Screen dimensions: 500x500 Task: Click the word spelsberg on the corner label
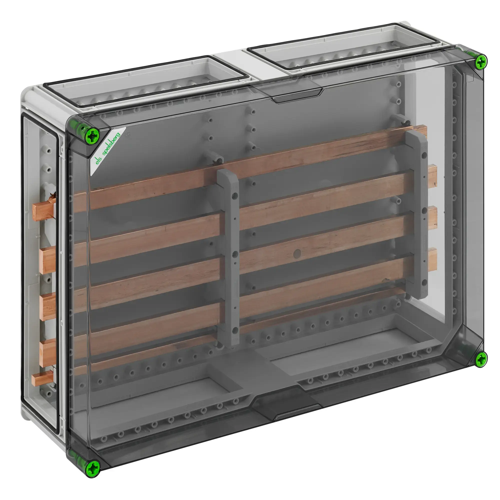point(111,144)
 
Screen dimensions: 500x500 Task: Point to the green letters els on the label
point(98,160)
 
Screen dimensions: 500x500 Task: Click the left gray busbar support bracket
point(228,256)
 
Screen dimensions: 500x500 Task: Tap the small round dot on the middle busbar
point(297,253)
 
